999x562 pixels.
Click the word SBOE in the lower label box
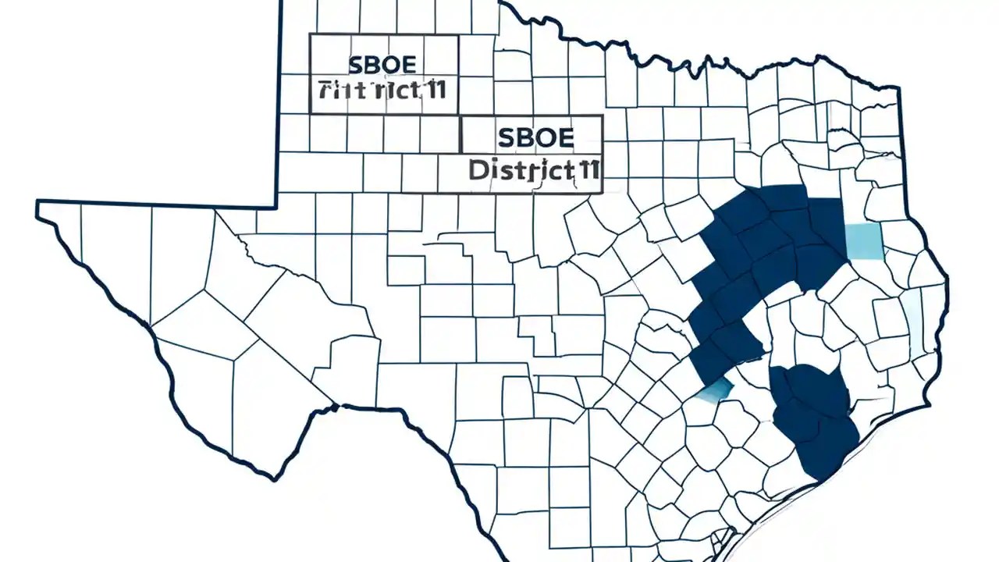pos(535,138)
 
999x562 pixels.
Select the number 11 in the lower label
pos(586,169)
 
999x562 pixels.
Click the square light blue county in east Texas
pos(864,240)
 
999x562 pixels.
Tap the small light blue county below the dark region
pos(716,390)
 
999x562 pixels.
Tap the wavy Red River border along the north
pos(663,62)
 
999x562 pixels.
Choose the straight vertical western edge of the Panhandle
pos(279,101)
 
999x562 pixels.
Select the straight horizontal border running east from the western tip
pos(156,205)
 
